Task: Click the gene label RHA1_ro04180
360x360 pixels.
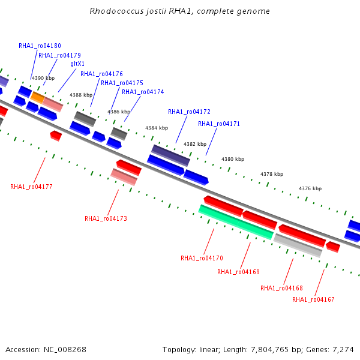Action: (x=40, y=46)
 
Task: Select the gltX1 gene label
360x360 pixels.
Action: (x=77, y=64)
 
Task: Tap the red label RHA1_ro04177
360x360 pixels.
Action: (x=31, y=187)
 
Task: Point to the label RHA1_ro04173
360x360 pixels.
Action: (x=106, y=218)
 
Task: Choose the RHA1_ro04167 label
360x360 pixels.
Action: (x=313, y=299)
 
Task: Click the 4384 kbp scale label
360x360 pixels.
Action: (x=157, y=128)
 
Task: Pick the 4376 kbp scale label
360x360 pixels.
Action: (x=310, y=188)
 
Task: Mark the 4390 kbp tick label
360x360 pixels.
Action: (x=43, y=78)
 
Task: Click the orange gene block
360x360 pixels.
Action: (x=38, y=97)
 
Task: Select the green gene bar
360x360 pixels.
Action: (x=236, y=222)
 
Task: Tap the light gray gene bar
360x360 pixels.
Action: (x=298, y=245)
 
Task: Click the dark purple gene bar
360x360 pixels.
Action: (x=170, y=155)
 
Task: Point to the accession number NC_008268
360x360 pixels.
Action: (x=65, y=350)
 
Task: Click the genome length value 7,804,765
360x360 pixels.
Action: (x=269, y=350)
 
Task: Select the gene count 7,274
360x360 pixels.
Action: (x=343, y=350)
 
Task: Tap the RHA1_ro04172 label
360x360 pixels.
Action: (x=190, y=112)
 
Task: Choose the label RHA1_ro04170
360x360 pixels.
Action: (x=202, y=258)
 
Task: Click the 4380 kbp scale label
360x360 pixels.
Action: (x=233, y=159)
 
